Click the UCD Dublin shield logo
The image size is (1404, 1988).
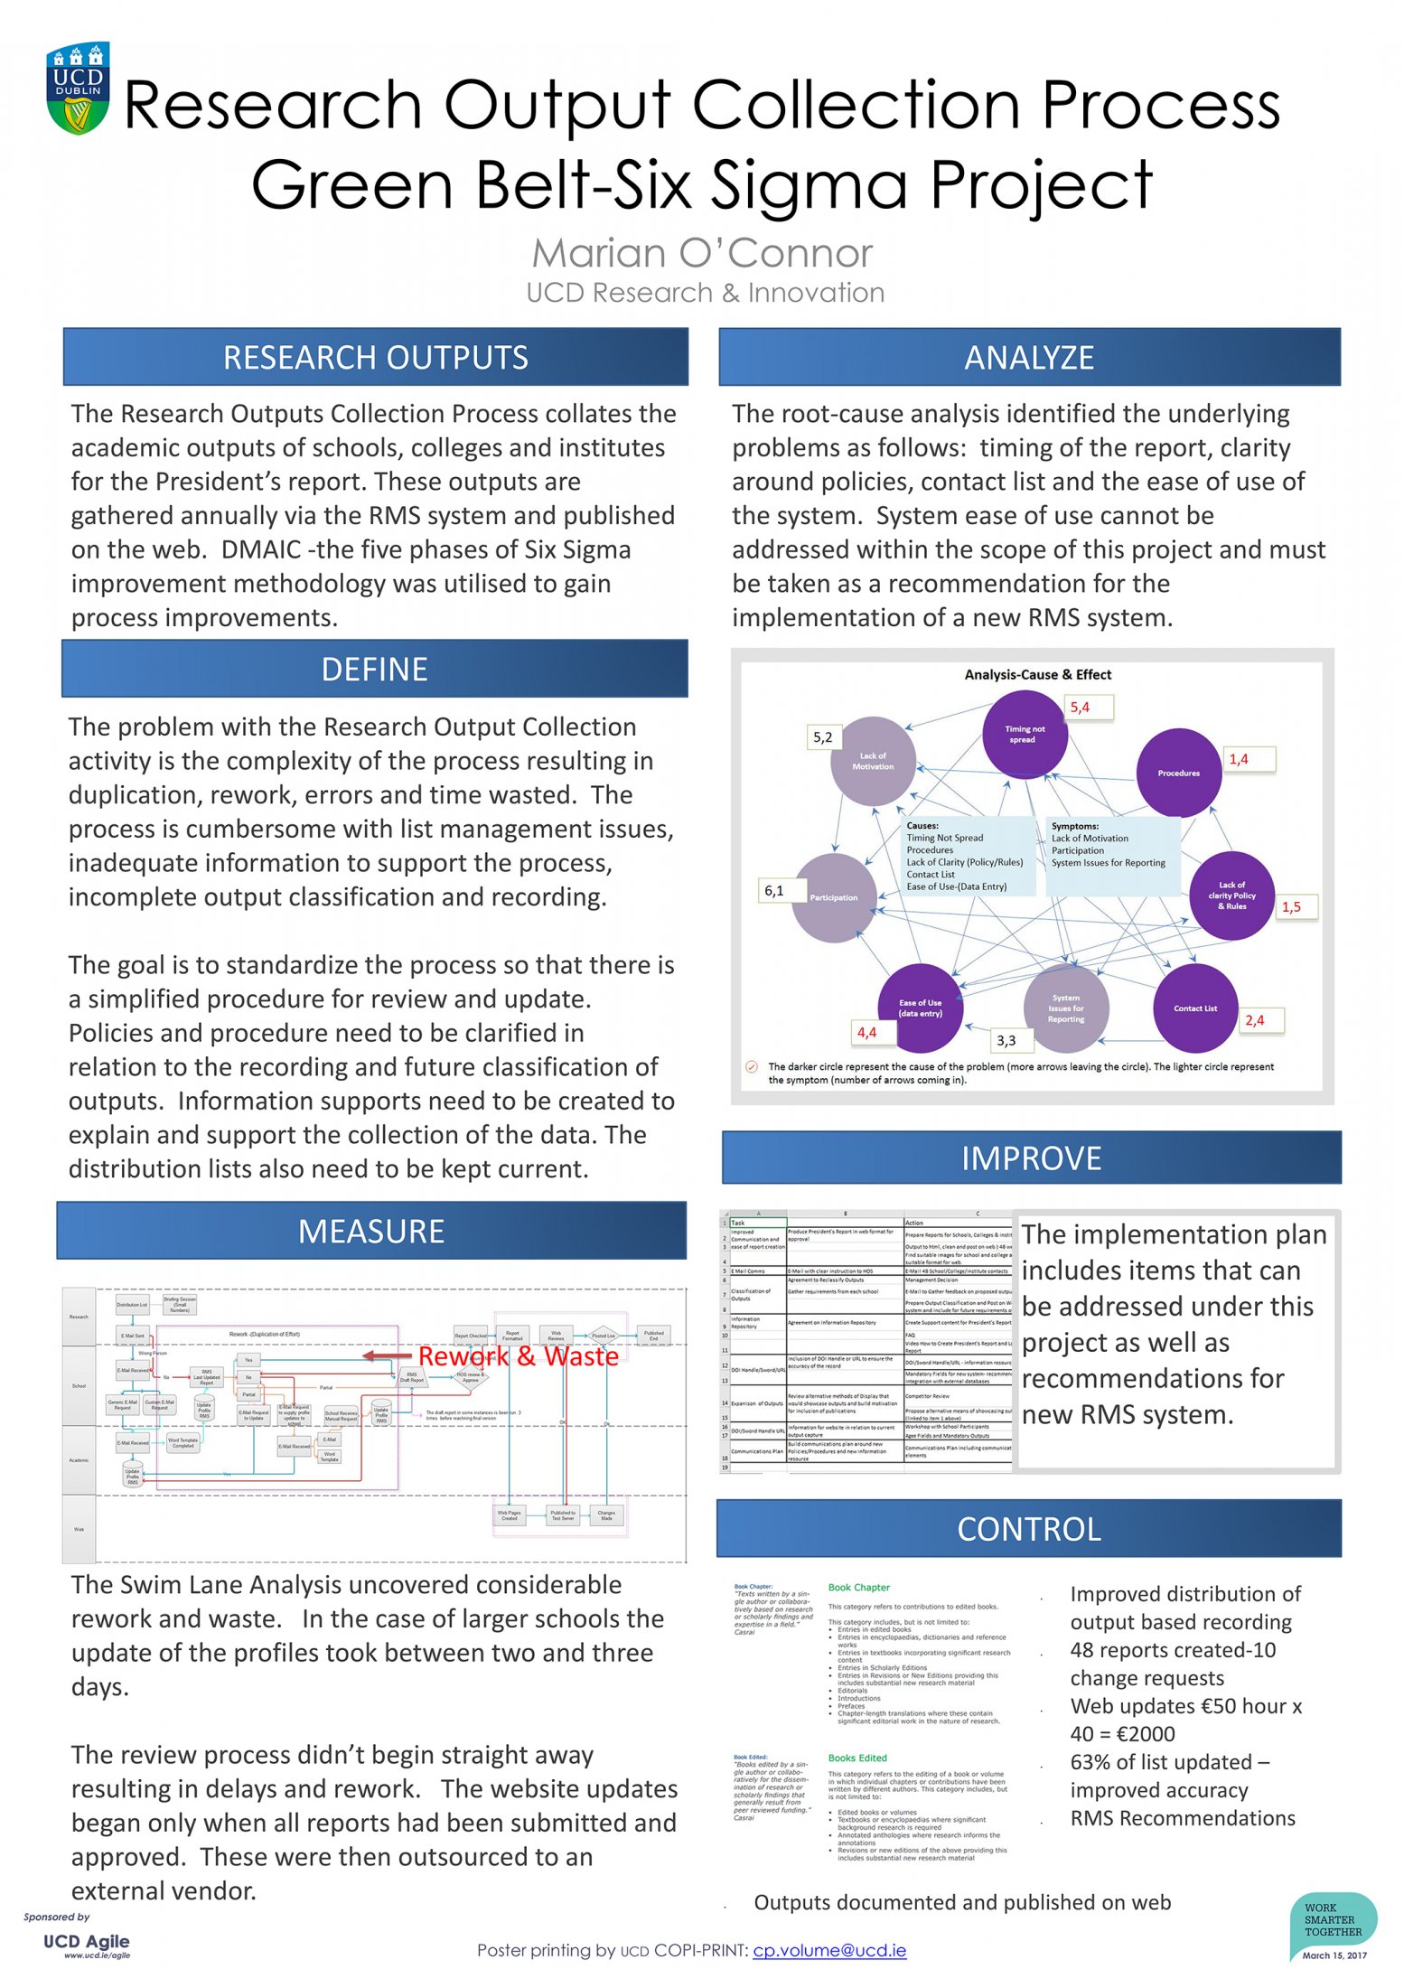click(x=79, y=89)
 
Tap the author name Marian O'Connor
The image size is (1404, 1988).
click(x=702, y=254)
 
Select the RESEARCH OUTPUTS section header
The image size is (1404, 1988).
click(x=375, y=358)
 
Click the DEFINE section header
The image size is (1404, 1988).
click(x=374, y=670)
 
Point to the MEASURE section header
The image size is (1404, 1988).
click(x=371, y=1232)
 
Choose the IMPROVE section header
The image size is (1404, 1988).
click(x=1031, y=1158)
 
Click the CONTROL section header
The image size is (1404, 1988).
click(x=1029, y=1529)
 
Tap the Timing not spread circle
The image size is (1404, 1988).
click(x=1024, y=735)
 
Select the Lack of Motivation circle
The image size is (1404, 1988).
click(x=873, y=761)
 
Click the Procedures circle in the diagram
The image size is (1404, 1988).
click(x=1178, y=773)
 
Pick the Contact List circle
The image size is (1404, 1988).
click(x=1194, y=1008)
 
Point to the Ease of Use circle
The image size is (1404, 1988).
click(x=920, y=1008)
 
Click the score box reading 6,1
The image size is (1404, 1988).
click(x=774, y=891)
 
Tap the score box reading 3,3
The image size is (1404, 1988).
click(x=1006, y=1041)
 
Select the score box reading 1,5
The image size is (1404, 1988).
click(x=1291, y=907)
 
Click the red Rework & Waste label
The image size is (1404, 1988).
click(x=518, y=1356)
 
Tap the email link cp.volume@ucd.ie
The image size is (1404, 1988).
click(x=829, y=1950)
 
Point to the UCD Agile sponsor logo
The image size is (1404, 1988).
click(x=87, y=1944)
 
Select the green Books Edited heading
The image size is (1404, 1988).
click(x=857, y=1758)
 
